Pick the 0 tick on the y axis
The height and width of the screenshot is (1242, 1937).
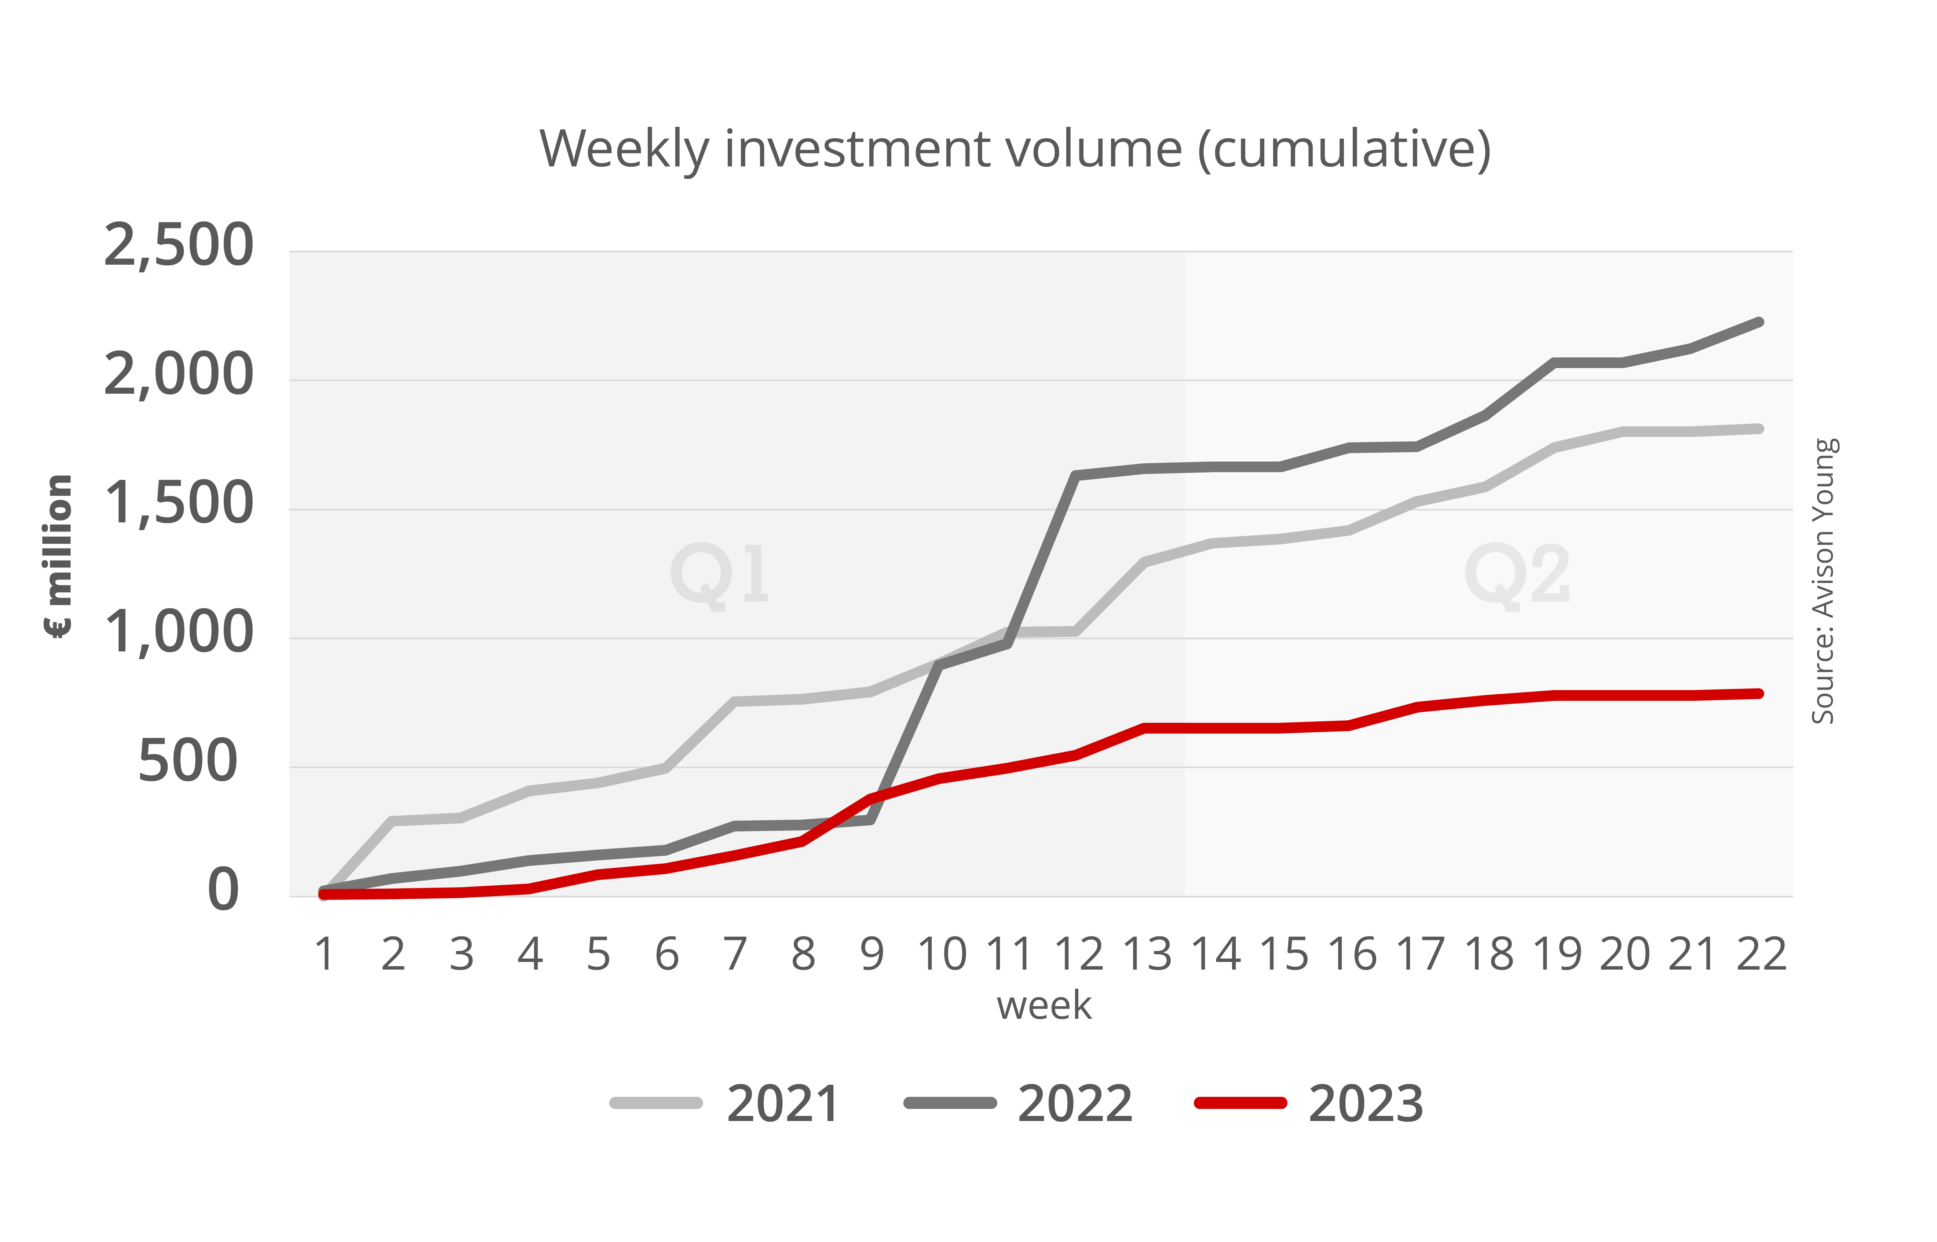[223, 890]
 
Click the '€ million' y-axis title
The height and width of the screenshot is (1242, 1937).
[58, 556]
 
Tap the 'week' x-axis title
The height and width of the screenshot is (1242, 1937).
[1044, 1006]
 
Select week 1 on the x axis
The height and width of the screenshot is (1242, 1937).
[324, 955]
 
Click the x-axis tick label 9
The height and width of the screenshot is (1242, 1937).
[871, 955]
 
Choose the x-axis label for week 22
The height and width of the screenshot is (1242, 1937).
[1761, 955]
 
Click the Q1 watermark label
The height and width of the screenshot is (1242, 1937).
[720, 574]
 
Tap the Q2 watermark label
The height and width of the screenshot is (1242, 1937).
[1517, 574]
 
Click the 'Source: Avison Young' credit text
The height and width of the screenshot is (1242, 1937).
[1824, 581]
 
